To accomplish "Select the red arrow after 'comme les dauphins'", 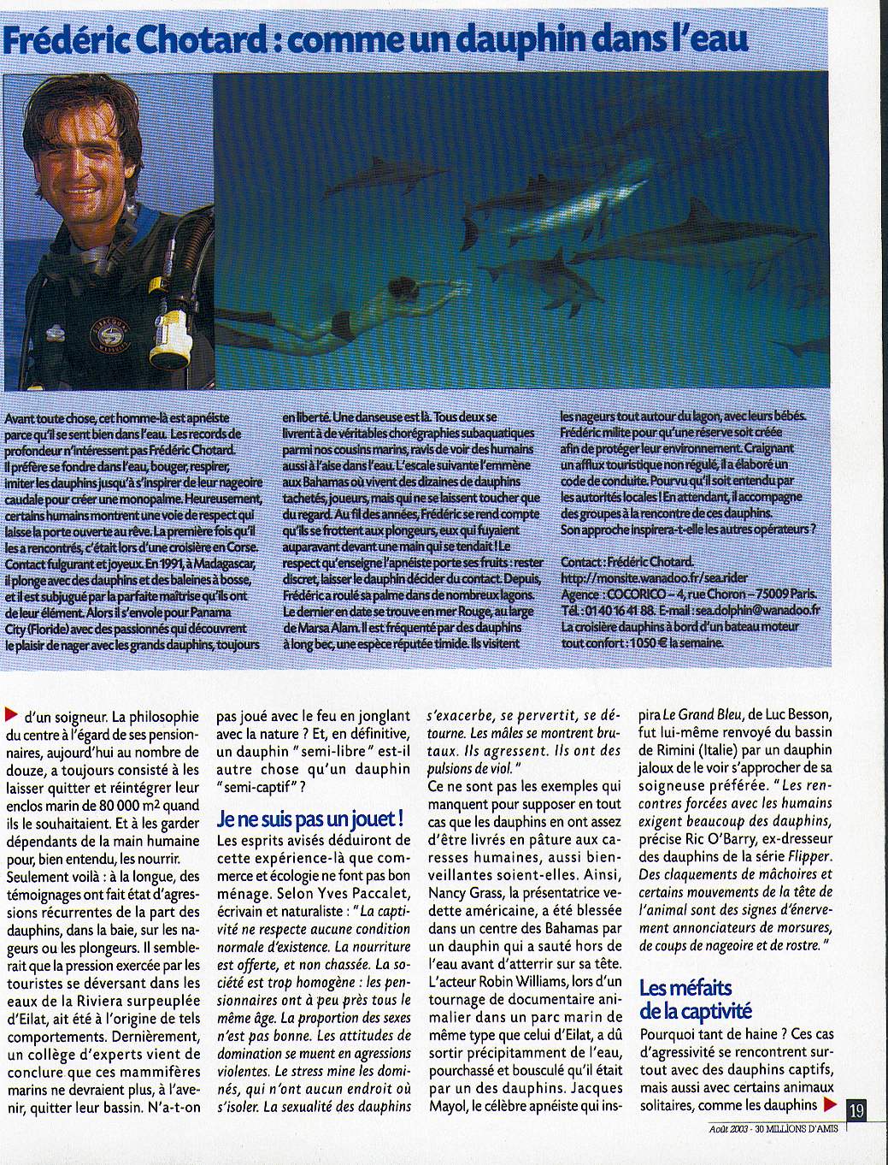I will tap(830, 1105).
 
